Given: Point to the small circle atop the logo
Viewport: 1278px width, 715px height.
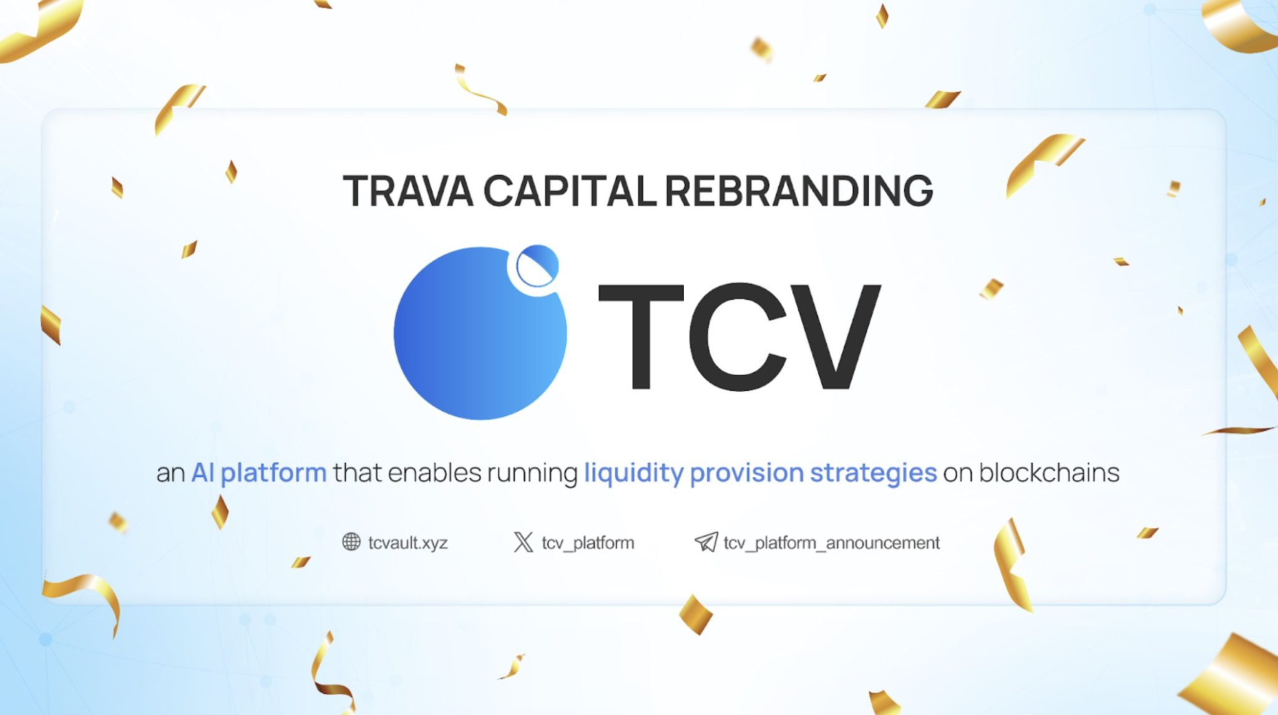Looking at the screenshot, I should tap(537, 266).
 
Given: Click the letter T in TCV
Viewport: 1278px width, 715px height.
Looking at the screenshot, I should tap(641, 337).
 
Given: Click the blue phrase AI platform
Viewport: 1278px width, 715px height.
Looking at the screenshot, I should tap(258, 473).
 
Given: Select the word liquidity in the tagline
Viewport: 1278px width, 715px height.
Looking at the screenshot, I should tap(633, 473).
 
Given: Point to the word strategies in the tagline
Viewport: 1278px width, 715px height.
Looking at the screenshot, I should tap(873, 473).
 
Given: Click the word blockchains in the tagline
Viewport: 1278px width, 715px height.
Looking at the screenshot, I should tap(1048, 473).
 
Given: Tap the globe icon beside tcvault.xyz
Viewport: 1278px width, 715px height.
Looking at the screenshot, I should tap(351, 542).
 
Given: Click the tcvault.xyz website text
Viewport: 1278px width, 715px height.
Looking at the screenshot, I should tap(407, 543).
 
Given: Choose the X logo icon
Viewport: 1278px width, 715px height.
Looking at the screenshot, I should tap(523, 542).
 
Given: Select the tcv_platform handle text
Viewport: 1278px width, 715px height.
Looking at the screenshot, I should tap(587, 543).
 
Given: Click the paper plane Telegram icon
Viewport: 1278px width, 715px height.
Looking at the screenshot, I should tap(706, 542).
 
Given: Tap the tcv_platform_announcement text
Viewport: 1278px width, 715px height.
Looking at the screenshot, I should tap(831, 543).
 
